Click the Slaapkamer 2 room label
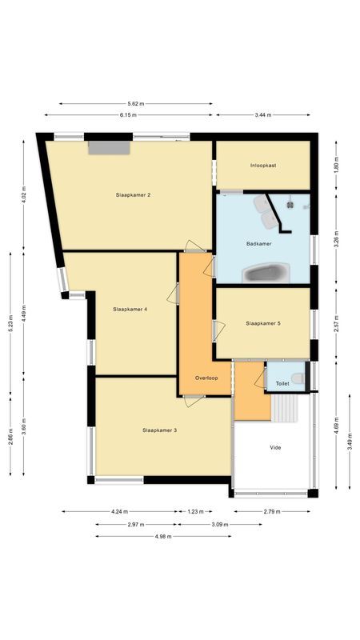134,194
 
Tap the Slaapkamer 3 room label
159,430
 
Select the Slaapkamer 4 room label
130,309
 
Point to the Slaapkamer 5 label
263,323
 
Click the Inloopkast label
263,165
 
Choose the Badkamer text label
259,243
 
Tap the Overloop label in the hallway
206,377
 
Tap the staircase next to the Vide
286,409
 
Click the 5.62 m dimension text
136,103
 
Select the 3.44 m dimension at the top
262,115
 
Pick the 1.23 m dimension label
195,512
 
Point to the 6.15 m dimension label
128,115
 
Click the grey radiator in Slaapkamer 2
109,147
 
